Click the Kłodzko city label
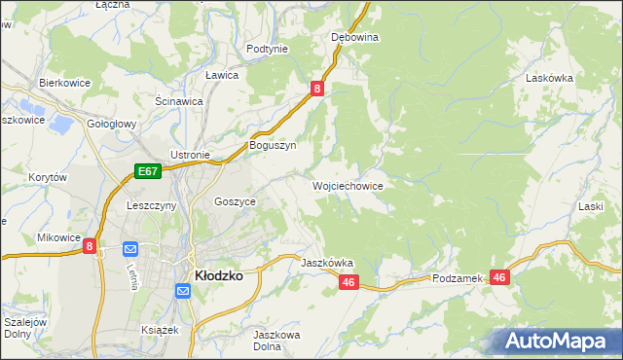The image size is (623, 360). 219,275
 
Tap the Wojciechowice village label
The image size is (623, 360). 347,185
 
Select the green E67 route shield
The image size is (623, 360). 147,171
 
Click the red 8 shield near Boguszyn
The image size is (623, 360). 317,89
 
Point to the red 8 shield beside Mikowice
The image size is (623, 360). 90,247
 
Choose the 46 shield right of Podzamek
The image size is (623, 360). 499,277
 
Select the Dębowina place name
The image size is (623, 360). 354,37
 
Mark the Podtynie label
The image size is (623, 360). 267,49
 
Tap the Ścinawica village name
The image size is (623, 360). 179,100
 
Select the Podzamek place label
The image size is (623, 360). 458,278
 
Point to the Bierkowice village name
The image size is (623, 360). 64,83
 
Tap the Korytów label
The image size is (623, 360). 48,177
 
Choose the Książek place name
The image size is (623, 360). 162,331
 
